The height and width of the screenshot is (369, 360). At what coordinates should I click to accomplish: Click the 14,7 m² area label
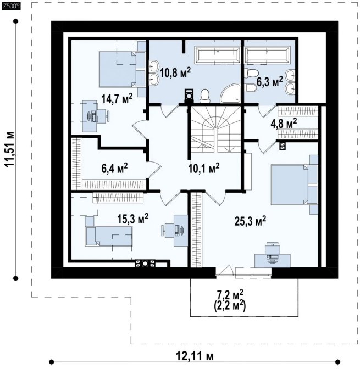(117, 99)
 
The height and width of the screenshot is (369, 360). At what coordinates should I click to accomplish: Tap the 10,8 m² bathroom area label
(175, 72)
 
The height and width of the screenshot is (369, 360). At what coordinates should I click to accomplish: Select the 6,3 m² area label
(269, 82)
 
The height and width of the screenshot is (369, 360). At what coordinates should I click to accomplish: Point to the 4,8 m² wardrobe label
(284, 124)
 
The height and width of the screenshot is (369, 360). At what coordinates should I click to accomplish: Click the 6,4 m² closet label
(114, 168)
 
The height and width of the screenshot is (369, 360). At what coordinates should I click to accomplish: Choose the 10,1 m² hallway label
(204, 168)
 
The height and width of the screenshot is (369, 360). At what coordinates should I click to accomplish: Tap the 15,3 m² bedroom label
(133, 219)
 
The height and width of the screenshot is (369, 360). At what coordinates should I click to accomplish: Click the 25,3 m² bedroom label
(250, 221)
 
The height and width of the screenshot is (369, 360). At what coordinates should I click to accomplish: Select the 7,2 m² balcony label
(230, 295)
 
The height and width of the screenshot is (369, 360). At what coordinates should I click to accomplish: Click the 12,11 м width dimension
(195, 356)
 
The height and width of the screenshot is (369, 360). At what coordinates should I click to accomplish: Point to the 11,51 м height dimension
(10, 150)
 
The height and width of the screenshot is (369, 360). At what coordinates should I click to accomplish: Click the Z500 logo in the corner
(11, 6)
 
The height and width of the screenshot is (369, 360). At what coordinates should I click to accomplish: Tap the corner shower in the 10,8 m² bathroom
(230, 93)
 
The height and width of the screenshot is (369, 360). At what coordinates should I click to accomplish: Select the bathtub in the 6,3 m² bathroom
(268, 55)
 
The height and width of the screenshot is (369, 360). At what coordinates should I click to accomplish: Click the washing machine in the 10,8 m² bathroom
(189, 96)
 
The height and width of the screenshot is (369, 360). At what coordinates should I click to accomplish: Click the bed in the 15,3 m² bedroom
(109, 236)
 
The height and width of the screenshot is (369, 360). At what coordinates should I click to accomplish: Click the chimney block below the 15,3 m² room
(145, 264)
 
